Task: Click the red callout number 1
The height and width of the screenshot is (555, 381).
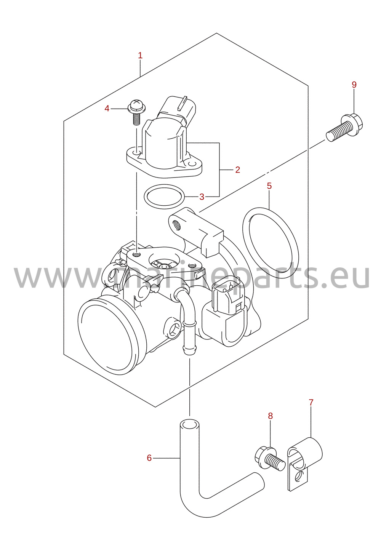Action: pyautogui.click(x=140, y=56)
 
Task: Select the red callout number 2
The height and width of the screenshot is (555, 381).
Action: pyautogui.click(x=237, y=170)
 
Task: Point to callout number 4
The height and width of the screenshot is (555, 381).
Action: pyautogui.click(x=107, y=109)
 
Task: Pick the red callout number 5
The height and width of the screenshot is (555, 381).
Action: pyautogui.click(x=269, y=186)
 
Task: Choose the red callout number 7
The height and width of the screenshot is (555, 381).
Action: pyautogui.click(x=311, y=403)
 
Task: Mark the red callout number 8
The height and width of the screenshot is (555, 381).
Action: pyautogui.click(x=270, y=416)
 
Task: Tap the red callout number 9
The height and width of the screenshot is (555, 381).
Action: pyautogui.click(x=354, y=85)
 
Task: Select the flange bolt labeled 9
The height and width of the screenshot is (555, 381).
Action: pyautogui.click(x=344, y=128)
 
